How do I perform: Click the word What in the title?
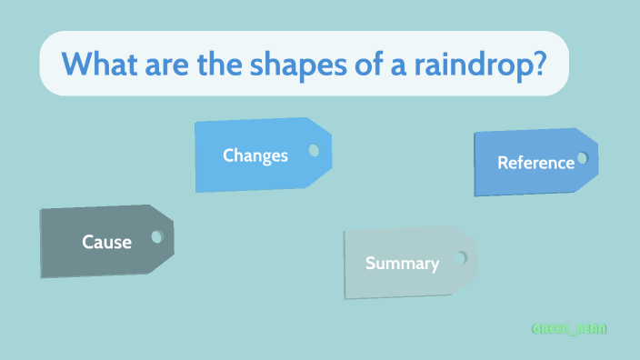101,64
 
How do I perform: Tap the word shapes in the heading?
296,64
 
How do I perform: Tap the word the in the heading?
223,64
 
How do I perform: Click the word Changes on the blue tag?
255,155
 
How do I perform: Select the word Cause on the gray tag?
106,242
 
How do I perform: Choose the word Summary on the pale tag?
402,264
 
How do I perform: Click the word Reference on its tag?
535,163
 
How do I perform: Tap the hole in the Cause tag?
156,236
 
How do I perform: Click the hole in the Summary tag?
461,258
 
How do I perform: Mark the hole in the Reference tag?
582,158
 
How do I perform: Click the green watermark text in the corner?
569,328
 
